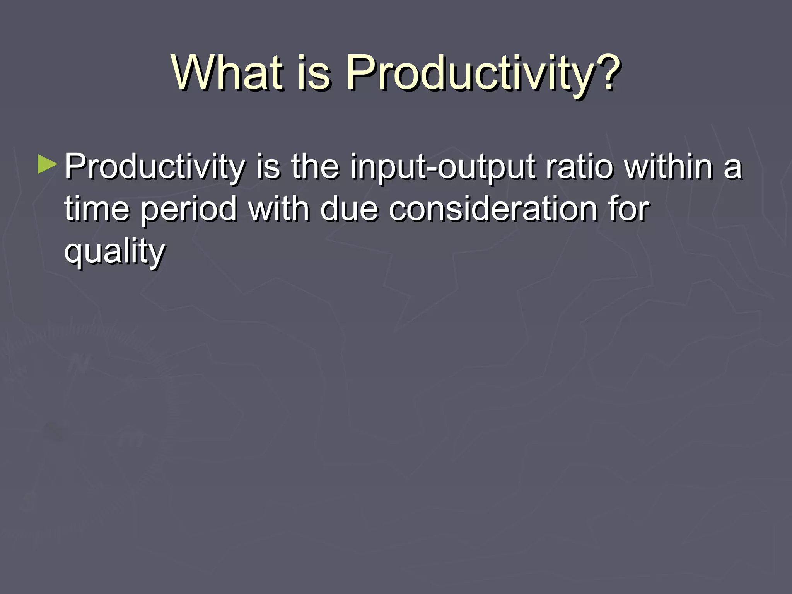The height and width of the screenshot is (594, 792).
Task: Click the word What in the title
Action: point(227,72)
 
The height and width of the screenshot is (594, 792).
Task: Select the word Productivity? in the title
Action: point(483,72)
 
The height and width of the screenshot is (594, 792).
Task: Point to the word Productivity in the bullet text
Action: point(154,167)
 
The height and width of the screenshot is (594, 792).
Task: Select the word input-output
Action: point(442,167)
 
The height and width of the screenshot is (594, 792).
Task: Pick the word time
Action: point(97,209)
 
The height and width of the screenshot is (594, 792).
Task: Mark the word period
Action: point(189,210)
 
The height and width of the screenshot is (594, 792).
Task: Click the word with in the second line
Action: point(279,209)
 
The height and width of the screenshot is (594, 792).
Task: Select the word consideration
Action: point(493,209)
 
